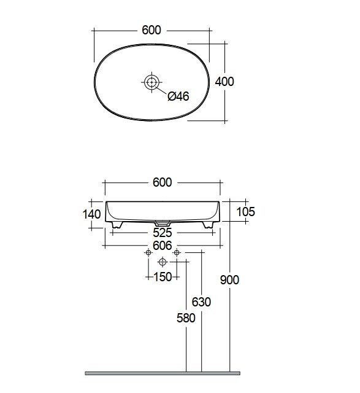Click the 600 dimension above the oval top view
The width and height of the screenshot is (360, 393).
(x=151, y=30)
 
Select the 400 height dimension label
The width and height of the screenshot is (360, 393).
(x=224, y=82)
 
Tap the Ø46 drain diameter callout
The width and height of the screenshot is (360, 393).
(x=178, y=96)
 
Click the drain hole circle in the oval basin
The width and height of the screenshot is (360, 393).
(x=151, y=82)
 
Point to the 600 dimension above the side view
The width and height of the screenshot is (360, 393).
(x=163, y=182)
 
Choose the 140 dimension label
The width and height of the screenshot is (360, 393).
(x=91, y=214)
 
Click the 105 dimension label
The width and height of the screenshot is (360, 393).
(x=245, y=211)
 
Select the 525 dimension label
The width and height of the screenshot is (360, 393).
(x=163, y=233)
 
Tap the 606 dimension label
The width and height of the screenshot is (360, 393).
(x=163, y=246)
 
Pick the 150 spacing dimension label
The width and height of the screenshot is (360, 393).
(x=163, y=277)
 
